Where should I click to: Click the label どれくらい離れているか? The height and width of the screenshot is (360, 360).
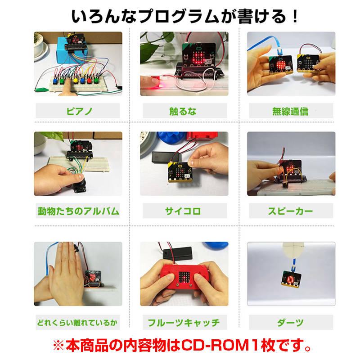(78, 323)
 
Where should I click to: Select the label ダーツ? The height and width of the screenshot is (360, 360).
(290, 323)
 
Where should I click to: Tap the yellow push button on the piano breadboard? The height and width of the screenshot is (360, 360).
(75, 81)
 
